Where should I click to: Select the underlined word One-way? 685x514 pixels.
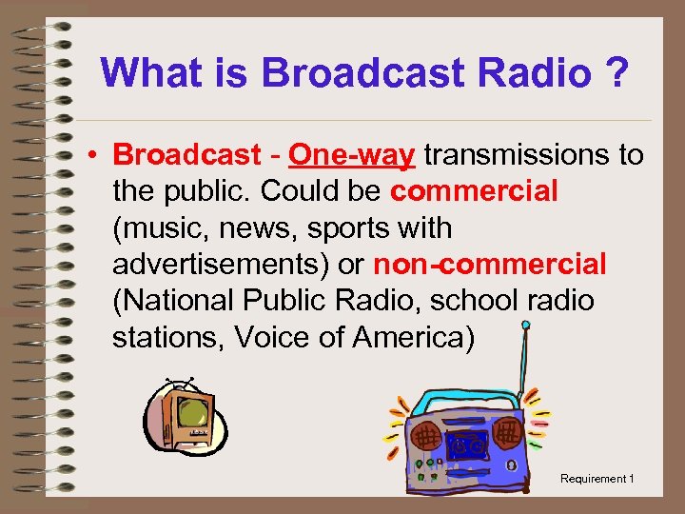coord(352,154)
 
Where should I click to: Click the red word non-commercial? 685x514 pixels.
coord(489,265)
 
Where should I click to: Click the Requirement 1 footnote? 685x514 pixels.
coord(597,479)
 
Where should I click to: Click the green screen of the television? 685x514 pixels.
coord(194,414)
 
